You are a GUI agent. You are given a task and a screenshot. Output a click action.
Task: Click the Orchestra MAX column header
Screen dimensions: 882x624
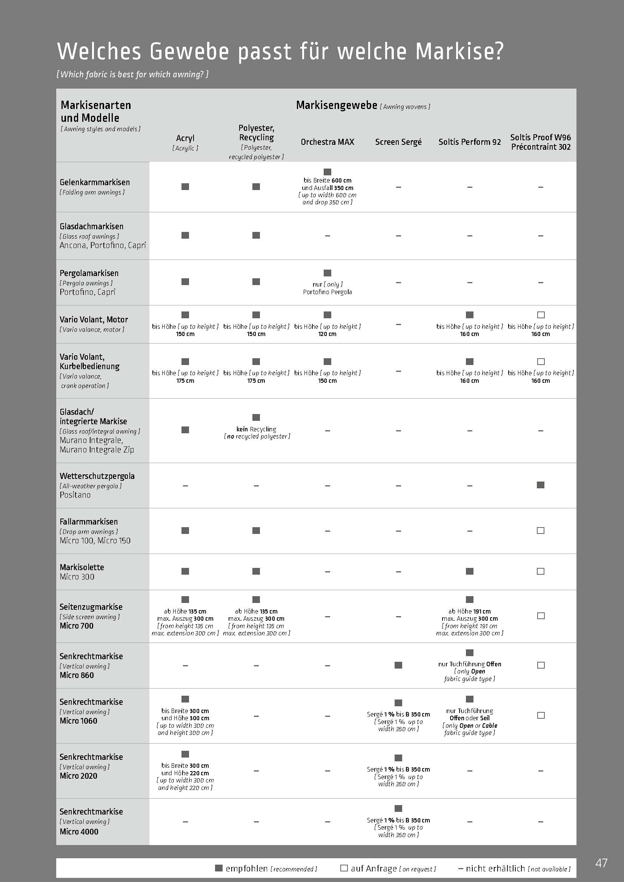click(327, 142)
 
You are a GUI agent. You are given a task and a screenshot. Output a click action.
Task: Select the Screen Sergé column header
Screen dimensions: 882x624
click(398, 142)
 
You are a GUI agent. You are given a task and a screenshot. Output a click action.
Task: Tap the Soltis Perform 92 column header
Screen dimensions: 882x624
click(470, 142)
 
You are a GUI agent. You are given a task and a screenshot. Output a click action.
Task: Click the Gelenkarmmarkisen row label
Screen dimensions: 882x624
click(95, 183)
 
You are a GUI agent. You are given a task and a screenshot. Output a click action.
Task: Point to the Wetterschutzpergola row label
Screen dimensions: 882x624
click(97, 476)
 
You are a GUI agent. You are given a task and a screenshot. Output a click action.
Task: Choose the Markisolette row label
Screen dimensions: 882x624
click(82, 567)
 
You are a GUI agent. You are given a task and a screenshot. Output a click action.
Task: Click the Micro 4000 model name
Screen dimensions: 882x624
click(79, 831)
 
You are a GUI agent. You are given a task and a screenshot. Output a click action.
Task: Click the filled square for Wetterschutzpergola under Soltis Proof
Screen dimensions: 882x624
click(541, 485)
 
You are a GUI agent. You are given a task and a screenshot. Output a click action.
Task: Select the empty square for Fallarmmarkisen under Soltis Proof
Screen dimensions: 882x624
click(541, 531)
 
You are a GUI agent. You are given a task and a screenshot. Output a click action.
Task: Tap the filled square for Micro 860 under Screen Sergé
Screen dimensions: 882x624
click(398, 665)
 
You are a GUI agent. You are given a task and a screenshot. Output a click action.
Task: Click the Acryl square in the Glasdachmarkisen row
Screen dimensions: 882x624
click(185, 235)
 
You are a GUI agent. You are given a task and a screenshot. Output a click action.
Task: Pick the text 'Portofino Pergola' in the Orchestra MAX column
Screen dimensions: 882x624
click(327, 292)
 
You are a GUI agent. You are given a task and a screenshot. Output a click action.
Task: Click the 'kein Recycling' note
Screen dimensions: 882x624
click(256, 429)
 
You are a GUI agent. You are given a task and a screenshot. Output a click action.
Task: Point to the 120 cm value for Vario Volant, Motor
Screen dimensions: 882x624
click(327, 334)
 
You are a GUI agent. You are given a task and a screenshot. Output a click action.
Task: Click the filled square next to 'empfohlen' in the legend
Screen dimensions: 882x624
click(219, 868)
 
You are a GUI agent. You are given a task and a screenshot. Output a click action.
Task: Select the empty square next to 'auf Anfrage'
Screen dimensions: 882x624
click(344, 868)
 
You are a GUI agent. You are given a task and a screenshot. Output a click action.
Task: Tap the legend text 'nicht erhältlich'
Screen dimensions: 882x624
click(495, 868)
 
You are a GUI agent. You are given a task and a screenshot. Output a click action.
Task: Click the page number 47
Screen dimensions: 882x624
click(601, 863)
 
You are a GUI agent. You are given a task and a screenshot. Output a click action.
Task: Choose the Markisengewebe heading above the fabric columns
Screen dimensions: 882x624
click(337, 105)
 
